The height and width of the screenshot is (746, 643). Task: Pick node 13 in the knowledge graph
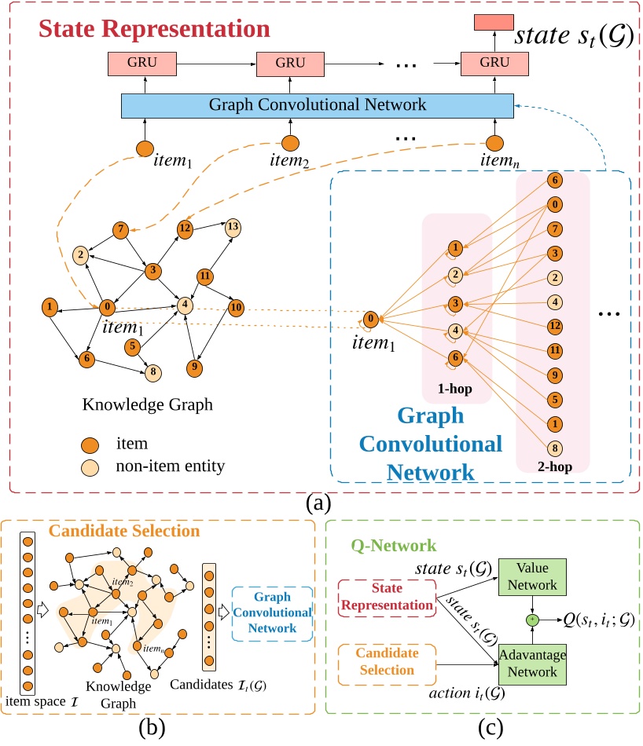233,227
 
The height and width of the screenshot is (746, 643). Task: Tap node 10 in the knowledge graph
235,306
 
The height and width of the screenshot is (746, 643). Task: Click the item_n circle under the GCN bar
494,144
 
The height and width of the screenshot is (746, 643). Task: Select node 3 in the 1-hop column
454,302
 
